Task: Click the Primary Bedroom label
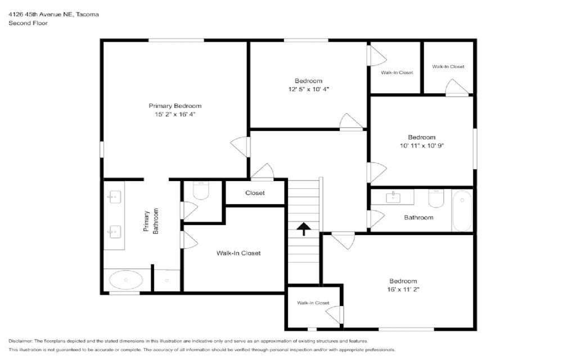point(175,106)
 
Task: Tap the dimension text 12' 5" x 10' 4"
point(309,89)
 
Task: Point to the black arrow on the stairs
point(303,228)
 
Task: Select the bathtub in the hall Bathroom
point(462,210)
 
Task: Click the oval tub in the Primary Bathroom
point(125,280)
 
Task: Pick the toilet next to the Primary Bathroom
point(201,190)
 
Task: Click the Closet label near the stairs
point(255,193)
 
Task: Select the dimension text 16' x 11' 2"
point(403,290)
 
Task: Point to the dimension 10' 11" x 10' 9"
point(422,146)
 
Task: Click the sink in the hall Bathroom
point(393,197)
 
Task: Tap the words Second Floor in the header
point(28,22)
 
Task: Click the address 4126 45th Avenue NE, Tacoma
point(53,14)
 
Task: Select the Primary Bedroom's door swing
point(240,147)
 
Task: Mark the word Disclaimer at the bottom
point(21,341)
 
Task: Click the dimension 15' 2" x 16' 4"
point(175,115)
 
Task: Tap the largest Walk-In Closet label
point(238,253)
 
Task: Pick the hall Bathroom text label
point(418,218)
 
